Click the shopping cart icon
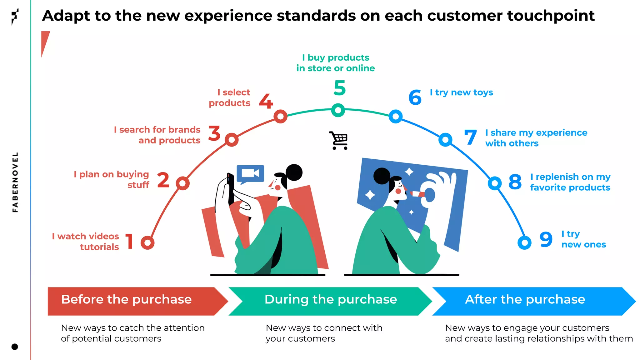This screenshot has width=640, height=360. coord(339,140)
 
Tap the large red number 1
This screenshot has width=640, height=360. coord(130,241)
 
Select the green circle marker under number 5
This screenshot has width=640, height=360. coord(338,110)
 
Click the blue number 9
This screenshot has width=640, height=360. coord(546,239)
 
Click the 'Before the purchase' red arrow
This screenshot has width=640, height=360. coord(131,301)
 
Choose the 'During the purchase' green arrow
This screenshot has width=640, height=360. coord(331,301)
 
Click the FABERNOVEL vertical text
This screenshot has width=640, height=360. coord(15,182)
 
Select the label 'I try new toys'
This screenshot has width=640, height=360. coord(461,92)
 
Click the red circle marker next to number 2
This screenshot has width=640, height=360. coord(183,183)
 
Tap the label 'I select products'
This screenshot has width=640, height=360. coord(230,97)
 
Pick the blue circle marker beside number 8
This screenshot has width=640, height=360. coord(495,183)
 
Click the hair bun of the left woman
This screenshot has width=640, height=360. coord(294,172)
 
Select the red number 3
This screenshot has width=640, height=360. coord(214,133)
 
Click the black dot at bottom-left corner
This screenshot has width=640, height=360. coord(15,347)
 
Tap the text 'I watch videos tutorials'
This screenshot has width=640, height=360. coord(86,242)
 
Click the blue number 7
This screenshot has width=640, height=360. coord(471,137)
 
